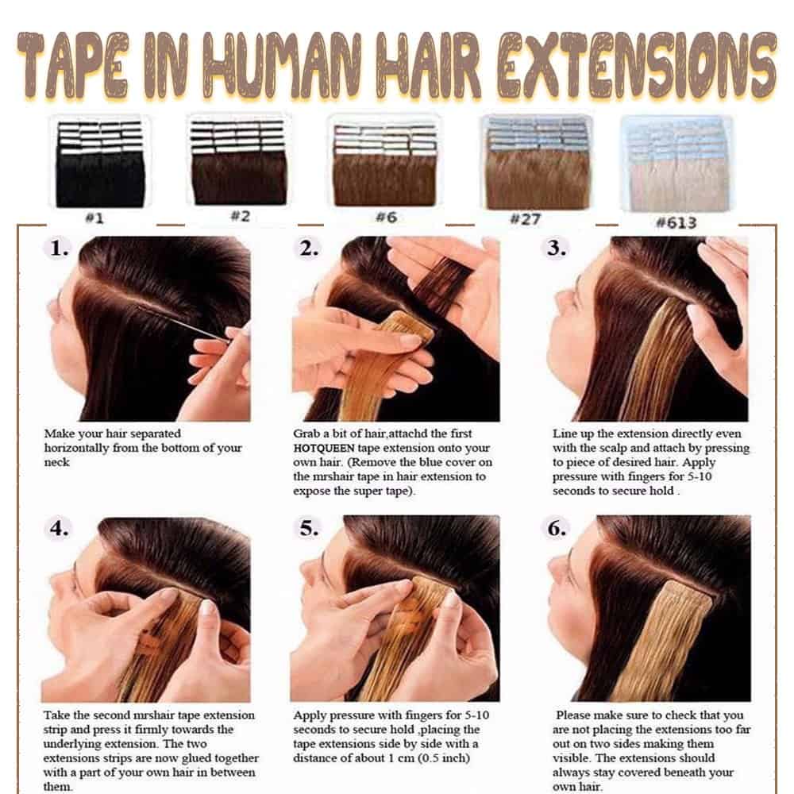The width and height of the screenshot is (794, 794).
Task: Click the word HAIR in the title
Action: (429, 66)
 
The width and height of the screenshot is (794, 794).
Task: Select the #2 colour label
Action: (241, 216)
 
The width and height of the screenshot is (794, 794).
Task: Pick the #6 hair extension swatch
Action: (385, 165)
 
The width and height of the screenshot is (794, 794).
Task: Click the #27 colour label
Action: (525, 219)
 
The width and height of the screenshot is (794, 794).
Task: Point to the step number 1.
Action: (59, 248)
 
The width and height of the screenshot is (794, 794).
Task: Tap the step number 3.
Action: (557, 248)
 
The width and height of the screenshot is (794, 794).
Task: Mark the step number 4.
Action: (59, 528)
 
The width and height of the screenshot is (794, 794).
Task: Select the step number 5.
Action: (309, 528)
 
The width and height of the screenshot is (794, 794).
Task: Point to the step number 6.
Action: (557, 528)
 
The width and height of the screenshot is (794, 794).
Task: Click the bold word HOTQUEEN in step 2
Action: (324, 448)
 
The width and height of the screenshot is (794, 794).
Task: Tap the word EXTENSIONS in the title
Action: (637, 66)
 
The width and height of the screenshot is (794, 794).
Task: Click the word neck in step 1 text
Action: (56, 462)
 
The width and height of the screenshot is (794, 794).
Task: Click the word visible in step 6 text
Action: (571, 758)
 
